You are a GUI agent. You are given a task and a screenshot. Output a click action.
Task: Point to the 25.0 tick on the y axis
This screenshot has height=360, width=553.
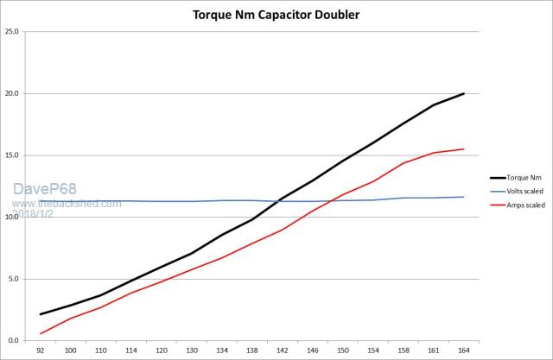click(x=12, y=31)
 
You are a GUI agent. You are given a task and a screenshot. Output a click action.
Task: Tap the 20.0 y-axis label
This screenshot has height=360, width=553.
click(x=12, y=93)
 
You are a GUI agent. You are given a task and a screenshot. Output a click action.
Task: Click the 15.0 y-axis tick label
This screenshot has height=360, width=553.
click(x=12, y=155)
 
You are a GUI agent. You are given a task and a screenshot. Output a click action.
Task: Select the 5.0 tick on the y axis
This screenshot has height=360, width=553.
click(x=14, y=279)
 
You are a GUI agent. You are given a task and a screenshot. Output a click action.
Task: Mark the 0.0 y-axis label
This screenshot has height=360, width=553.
click(x=14, y=341)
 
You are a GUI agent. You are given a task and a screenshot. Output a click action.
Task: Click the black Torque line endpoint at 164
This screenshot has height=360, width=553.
click(x=464, y=93)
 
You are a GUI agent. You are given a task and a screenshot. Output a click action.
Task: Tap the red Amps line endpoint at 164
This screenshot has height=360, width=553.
click(x=464, y=149)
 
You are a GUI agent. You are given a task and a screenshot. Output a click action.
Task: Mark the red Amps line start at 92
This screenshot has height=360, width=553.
click(x=41, y=333)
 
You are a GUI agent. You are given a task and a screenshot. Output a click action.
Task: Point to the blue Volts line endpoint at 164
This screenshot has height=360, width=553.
click(x=464, y=197)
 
